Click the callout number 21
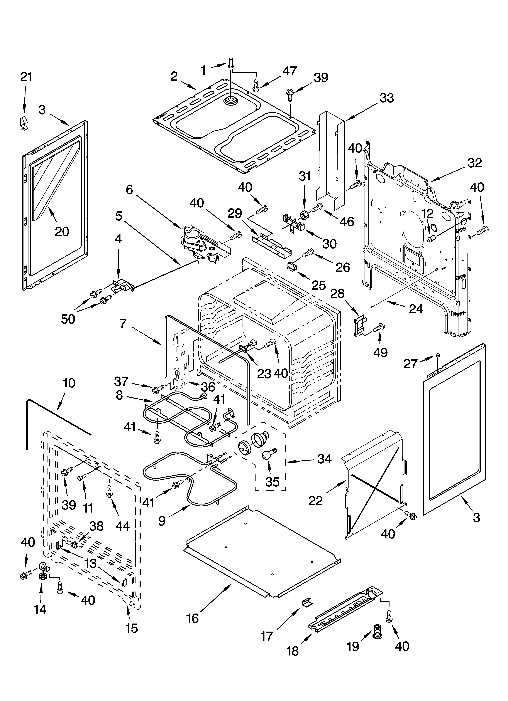click(26, 77)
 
